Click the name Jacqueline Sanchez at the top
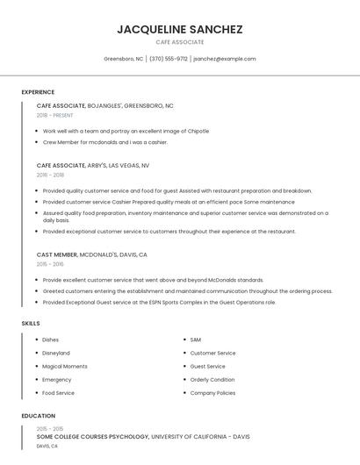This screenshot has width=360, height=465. click(x=179, y=29)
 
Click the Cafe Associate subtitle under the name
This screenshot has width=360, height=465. click(x=179, y=42)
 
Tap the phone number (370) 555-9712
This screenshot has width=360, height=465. click(x=169, y=59)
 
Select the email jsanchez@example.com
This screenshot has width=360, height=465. click(x=224, y=59)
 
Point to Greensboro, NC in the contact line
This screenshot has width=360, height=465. click(x=124, y=59)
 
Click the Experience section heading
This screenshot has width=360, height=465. click(x=38, y=92)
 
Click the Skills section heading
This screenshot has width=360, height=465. click(x=31, y=324)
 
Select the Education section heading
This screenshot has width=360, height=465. click(x=38, y=416)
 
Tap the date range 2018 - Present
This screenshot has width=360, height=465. click(x=55, y=115)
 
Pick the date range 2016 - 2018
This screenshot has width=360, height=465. click(x=50, y=175)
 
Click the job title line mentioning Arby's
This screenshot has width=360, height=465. click(x=93, y=165)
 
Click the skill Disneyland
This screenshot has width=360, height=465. click(x=56, y=353)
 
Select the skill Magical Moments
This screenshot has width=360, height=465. click(x=65, y=366)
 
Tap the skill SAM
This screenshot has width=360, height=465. click(x=196, y=340)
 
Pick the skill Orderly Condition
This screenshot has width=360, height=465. click(x=212, y=380)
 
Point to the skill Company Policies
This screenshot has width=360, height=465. click(x=212, y=393)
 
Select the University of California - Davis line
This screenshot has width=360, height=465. click(x=143, y=436)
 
